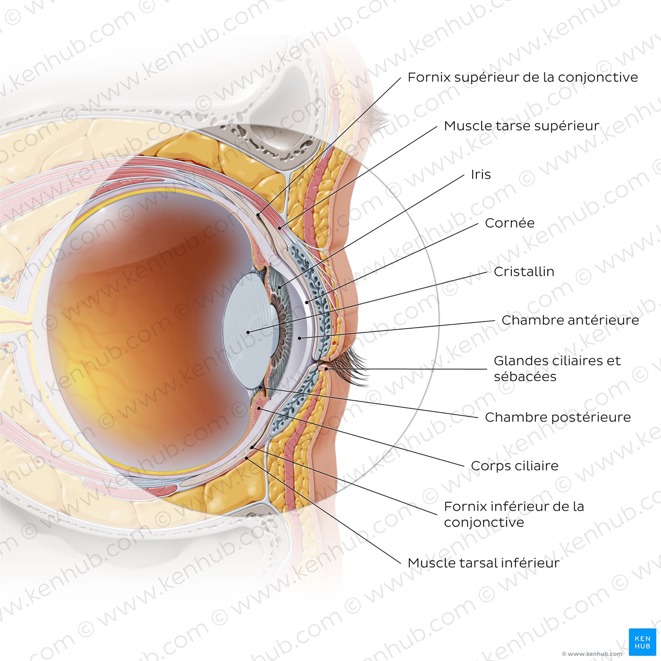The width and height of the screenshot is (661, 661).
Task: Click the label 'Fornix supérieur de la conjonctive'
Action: pos(522,77)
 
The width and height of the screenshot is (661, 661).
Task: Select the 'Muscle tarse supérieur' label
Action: pos(521,126)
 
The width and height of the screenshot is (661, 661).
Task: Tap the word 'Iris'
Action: pos(481,174)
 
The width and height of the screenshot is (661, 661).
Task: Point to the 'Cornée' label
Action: pos(509,223)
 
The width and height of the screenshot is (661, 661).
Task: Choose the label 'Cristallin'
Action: pos(524,271)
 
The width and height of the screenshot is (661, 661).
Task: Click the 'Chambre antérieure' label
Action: pos(570,320)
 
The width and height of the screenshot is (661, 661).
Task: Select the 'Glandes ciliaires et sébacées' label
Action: pos(557,368)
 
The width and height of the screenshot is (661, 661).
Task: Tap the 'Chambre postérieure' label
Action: pos(558,417)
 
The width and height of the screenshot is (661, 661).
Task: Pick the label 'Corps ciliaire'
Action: pos(515,466)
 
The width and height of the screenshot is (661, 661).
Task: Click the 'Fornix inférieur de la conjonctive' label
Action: pos(514,514)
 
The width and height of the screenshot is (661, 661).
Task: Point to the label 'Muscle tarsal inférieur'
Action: pos(483,563)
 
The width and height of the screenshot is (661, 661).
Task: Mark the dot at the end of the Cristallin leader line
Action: pos(248,332)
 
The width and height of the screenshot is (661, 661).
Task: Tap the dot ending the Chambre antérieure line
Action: pos(299,338)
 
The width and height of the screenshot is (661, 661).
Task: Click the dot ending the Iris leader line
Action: pos(280,287)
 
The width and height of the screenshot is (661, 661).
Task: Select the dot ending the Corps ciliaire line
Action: pos(259,408)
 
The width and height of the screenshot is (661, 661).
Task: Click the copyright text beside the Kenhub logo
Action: pos(592,654)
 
